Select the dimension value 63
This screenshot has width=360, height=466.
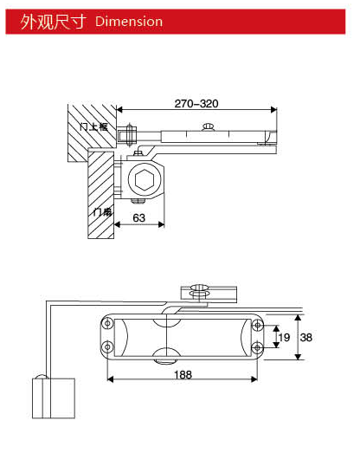[139, 217]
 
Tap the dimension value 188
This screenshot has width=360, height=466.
[182, 374]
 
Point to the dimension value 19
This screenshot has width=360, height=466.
[283, 337]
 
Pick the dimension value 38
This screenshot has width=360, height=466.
[305, 337]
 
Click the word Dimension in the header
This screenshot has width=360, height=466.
[129, 21]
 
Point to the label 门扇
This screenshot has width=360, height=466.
[100, 210]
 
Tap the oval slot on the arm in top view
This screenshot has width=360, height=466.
[207, 127]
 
